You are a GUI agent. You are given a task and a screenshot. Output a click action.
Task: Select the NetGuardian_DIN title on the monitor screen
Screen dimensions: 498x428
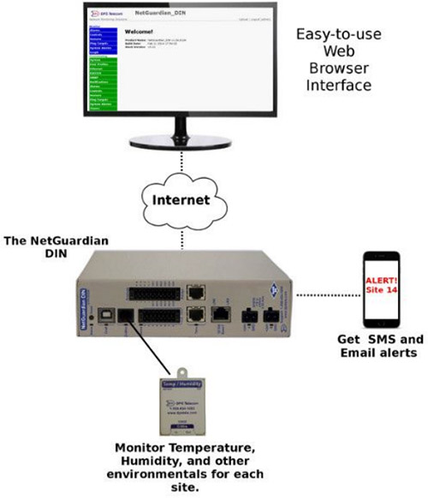(x=162, y=15)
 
